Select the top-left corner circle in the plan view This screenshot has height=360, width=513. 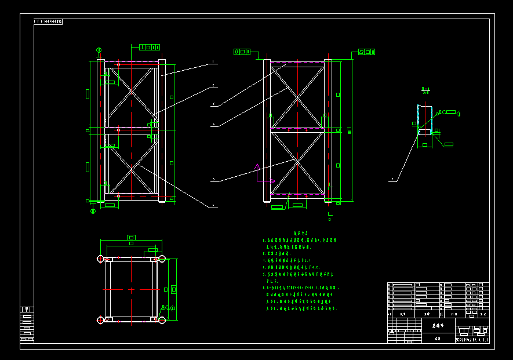[100, 259]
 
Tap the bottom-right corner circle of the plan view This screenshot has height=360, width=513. [162, 319]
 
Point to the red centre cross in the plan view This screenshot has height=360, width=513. [132, 289]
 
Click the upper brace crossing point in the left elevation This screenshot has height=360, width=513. [132, 92]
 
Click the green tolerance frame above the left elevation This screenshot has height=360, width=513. [149, 47]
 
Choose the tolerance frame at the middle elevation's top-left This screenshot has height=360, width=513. [243, 52]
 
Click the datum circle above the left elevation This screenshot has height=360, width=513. [99, 50]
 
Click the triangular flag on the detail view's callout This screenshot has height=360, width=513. [457, 112]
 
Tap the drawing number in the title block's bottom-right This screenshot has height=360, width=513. [472, 340]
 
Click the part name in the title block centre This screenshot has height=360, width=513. [438, 326]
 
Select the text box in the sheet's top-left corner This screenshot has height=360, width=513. [48, 22]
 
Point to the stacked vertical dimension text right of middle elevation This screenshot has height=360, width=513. [349, 131]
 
